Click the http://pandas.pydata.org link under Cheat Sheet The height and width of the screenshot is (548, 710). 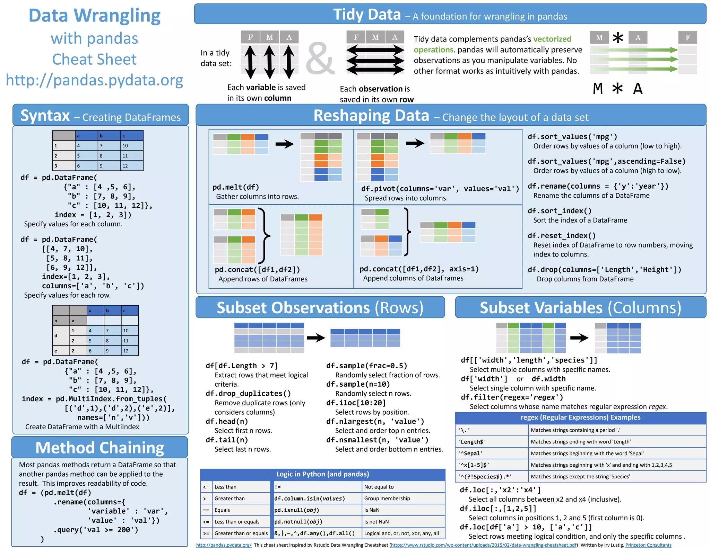coord(94,80)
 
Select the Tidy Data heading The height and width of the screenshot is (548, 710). coord(367,15)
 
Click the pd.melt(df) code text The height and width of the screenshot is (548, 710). coord(236,187)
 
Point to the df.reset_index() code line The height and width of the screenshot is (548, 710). coord(562,236)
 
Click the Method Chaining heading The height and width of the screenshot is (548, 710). coord(100,448)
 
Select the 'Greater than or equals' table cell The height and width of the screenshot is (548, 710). coord(241,533)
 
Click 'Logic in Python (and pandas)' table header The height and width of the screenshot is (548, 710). coord(322,474)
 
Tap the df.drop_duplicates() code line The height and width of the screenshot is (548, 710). coord(248,394)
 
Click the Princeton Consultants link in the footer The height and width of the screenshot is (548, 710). coord(648,545)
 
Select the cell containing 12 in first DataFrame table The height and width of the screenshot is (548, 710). coord(132,166)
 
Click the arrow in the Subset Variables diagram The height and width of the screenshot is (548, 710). coord(579,338)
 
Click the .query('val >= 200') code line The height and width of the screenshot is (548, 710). coord(96,530)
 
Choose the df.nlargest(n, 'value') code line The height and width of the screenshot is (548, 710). coord(375,421)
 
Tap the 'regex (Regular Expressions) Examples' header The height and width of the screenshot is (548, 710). coord(580,417)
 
